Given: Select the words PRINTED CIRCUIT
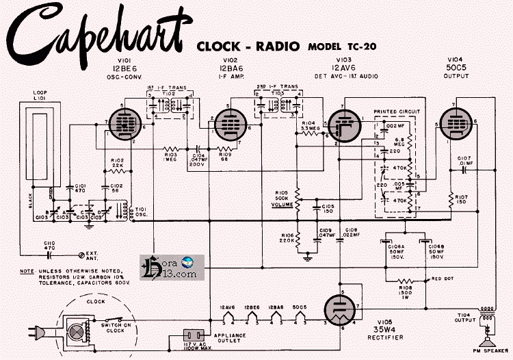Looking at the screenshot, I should coord(397,110).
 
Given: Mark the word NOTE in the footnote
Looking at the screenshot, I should coord(27,270).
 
